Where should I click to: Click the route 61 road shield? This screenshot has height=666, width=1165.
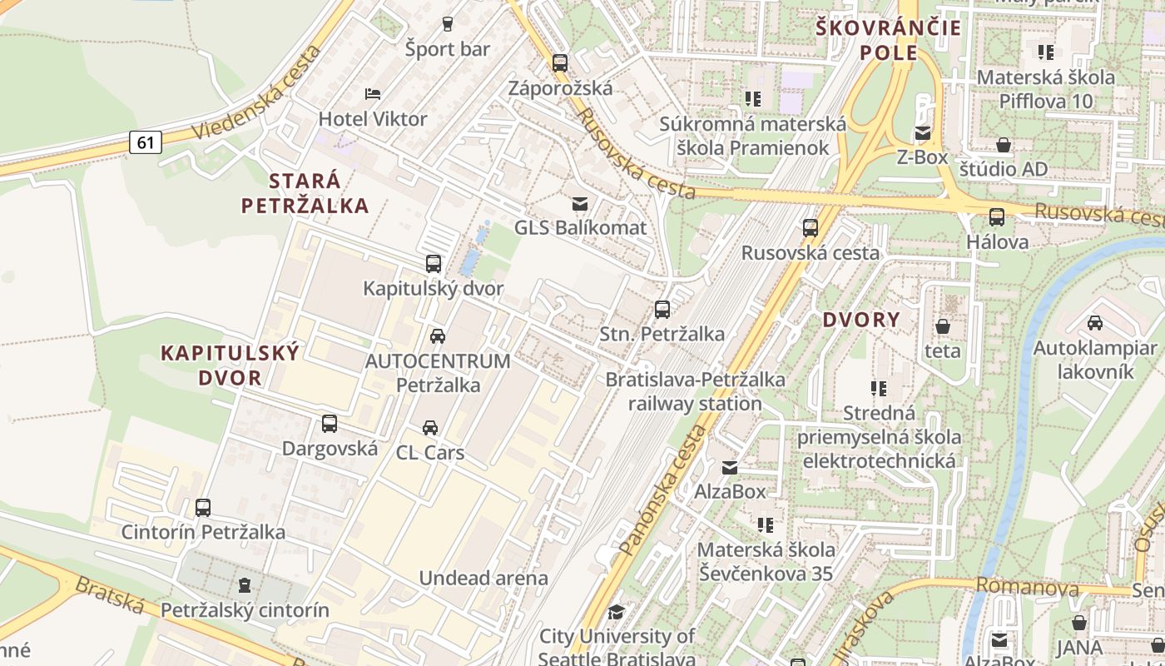[x=146, y=142]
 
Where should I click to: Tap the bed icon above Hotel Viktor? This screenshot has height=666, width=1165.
[x=373, y=93]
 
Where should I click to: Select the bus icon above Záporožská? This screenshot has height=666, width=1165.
[x=559, y=62]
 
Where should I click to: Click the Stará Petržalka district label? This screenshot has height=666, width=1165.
[x=305, y=193]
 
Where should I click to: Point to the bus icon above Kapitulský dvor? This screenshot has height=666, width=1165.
[x=433, y=264]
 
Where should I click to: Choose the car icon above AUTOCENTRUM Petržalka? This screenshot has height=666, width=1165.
[x=437, y=336]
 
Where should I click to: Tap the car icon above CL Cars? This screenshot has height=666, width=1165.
[x=429, y=428]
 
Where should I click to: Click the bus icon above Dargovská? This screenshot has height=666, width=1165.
[x=330, y=424]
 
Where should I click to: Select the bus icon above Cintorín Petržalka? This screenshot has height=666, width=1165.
[x=203, y=507]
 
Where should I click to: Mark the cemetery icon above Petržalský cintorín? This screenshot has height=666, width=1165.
[x=245, y=586]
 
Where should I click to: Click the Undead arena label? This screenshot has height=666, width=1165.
[x=483, y=578]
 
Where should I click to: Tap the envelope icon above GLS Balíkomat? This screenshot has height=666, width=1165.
[x=579, y=203]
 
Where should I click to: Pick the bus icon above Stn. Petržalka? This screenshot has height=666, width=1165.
[x=662, y=310]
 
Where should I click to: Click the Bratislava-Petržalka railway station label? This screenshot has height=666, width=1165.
[x=695, y=391]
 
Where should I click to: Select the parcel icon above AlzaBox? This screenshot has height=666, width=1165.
[x=730, y=467]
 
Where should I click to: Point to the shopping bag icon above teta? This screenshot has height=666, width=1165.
[x=943, y=326]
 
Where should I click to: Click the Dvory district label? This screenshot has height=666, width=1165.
[x=861, y=320]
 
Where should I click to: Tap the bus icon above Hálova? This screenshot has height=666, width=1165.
[x=997, y=217]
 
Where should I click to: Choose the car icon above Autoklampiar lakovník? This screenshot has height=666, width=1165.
[x=1095, y=323]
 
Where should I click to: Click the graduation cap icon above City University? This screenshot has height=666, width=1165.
[x=616, y=613]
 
